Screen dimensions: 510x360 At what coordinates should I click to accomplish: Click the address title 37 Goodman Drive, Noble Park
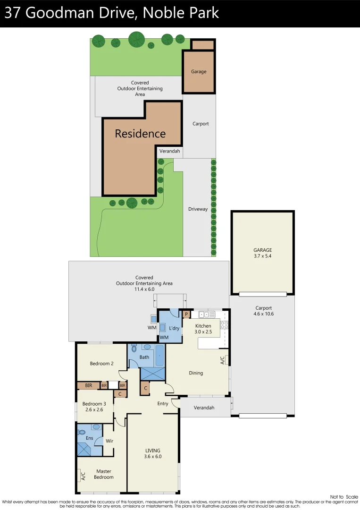coord(112,13)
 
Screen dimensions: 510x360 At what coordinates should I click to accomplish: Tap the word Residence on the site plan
coord(140,134)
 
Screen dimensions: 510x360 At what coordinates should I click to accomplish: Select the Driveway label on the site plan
coord(198,209)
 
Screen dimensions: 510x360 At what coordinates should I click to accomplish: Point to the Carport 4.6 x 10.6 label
coord(263,311)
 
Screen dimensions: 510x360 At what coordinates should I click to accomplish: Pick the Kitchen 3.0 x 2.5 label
coord(203,329)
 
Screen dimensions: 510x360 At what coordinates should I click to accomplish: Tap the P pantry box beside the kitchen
coord(186,314)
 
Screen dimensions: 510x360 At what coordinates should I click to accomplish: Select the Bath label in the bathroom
coord(144,357)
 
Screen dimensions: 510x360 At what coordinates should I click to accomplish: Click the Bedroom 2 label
coord(102,364)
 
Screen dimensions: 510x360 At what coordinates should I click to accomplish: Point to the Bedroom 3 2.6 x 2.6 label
coord(94,407)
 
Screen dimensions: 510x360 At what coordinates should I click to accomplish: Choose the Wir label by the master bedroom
coord(109,441)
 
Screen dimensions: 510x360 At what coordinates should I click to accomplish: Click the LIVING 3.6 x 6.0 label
coord(152,453)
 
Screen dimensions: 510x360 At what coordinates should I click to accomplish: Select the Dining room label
coord(196,373)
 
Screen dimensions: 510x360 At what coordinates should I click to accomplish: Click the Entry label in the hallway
coord(163,404)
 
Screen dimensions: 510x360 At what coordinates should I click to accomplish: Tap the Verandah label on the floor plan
coord(204,408)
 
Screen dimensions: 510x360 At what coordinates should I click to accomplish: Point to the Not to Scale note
coord(344,497)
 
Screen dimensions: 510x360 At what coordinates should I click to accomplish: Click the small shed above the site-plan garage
coord(203,45)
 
